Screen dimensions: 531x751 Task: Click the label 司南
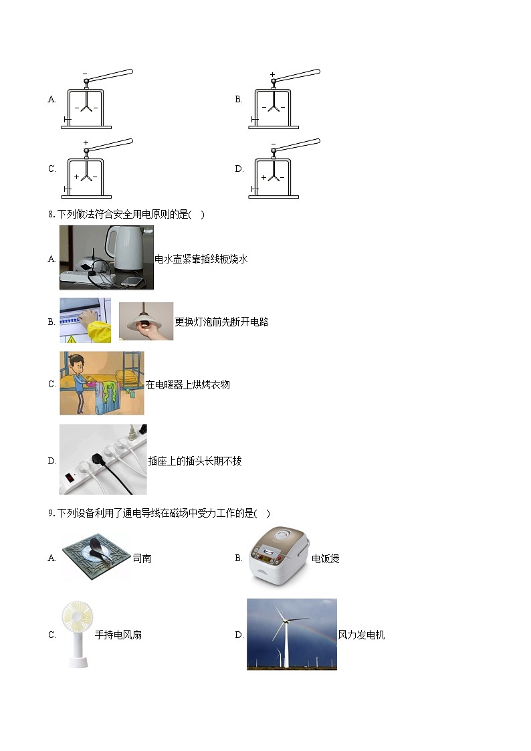coord(142,558)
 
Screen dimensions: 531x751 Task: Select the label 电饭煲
coord(326,558)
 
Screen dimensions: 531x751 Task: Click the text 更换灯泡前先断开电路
coord(221,322)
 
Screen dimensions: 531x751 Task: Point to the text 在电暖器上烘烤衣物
coord(188,385)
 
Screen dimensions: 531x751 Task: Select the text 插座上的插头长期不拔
coord(195,461)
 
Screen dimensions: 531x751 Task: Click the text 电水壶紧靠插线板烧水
coord(201,259)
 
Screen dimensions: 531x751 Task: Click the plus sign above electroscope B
coord(272,75)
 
